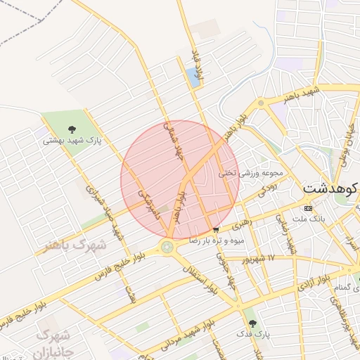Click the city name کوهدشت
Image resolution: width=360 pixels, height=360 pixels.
[x=330, y=188]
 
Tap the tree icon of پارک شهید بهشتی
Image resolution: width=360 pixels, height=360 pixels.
[x=72, y=128]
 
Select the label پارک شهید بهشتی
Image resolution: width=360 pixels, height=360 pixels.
[x=72, y=141]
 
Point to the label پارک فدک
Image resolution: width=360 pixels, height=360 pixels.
[x=251, y=332]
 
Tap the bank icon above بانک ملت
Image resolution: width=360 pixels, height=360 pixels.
[x=308, y=209]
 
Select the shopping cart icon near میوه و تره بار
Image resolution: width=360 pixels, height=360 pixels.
[x=215, y=229]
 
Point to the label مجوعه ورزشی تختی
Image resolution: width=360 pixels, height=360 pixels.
[x=250, y=172]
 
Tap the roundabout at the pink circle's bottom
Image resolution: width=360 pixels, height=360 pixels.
[x=167, y=246]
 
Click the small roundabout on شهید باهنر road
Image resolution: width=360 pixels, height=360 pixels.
[x=261, y=103]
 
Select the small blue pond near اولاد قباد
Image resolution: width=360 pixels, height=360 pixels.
[x=193, y=77]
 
